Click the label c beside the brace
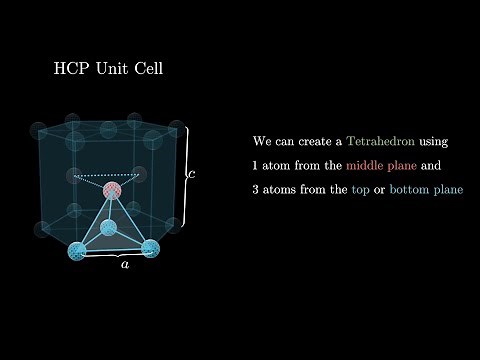pos(191,174)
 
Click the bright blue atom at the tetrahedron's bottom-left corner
pos(76,249)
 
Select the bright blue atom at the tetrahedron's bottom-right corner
pos(150,248)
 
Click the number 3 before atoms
pos(257,188)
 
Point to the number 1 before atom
pos(257,164)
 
